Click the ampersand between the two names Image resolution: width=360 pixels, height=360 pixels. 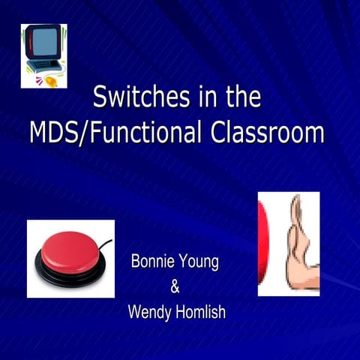pyautogui.click(x=175, y=286)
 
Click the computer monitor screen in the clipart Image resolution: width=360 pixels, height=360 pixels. pyautogui.click(x=43, y=43)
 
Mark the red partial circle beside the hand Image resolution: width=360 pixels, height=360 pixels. pyautogui.click(x=262, y=244)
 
